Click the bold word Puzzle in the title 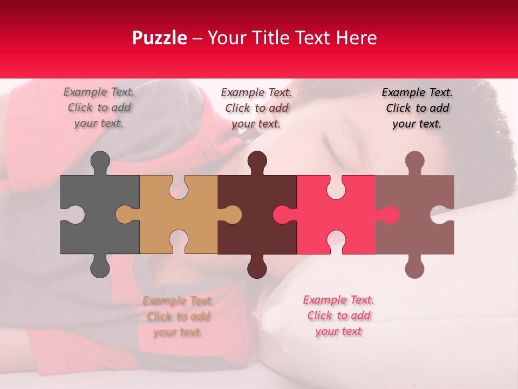160,38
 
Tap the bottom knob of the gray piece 100,268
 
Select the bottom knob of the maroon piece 257,268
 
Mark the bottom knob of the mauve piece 414,268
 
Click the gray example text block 99,108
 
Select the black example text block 417,108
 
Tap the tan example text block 178,316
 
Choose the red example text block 338,316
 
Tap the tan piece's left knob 124,214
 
